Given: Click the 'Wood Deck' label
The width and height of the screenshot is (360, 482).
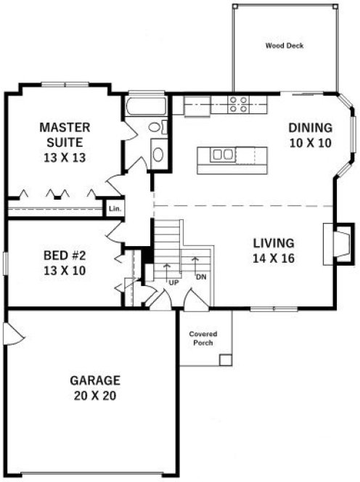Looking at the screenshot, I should click(284, 46).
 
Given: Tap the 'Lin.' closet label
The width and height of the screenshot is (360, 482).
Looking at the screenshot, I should click(114, 209).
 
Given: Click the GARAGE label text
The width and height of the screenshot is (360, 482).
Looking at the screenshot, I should click(95, 380).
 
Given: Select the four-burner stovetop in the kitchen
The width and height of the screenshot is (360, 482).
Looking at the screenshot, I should click(239, 105).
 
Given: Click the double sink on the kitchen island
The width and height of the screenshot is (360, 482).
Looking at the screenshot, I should click(224, 154).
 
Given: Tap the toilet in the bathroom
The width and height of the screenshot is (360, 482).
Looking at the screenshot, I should click(156, 128).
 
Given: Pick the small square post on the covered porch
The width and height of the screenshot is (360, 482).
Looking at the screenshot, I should click(226, 359).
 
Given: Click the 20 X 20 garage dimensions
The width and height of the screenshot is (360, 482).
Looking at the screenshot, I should click(95, 396).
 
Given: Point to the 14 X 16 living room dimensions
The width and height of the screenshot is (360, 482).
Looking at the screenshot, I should click(273, 257).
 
